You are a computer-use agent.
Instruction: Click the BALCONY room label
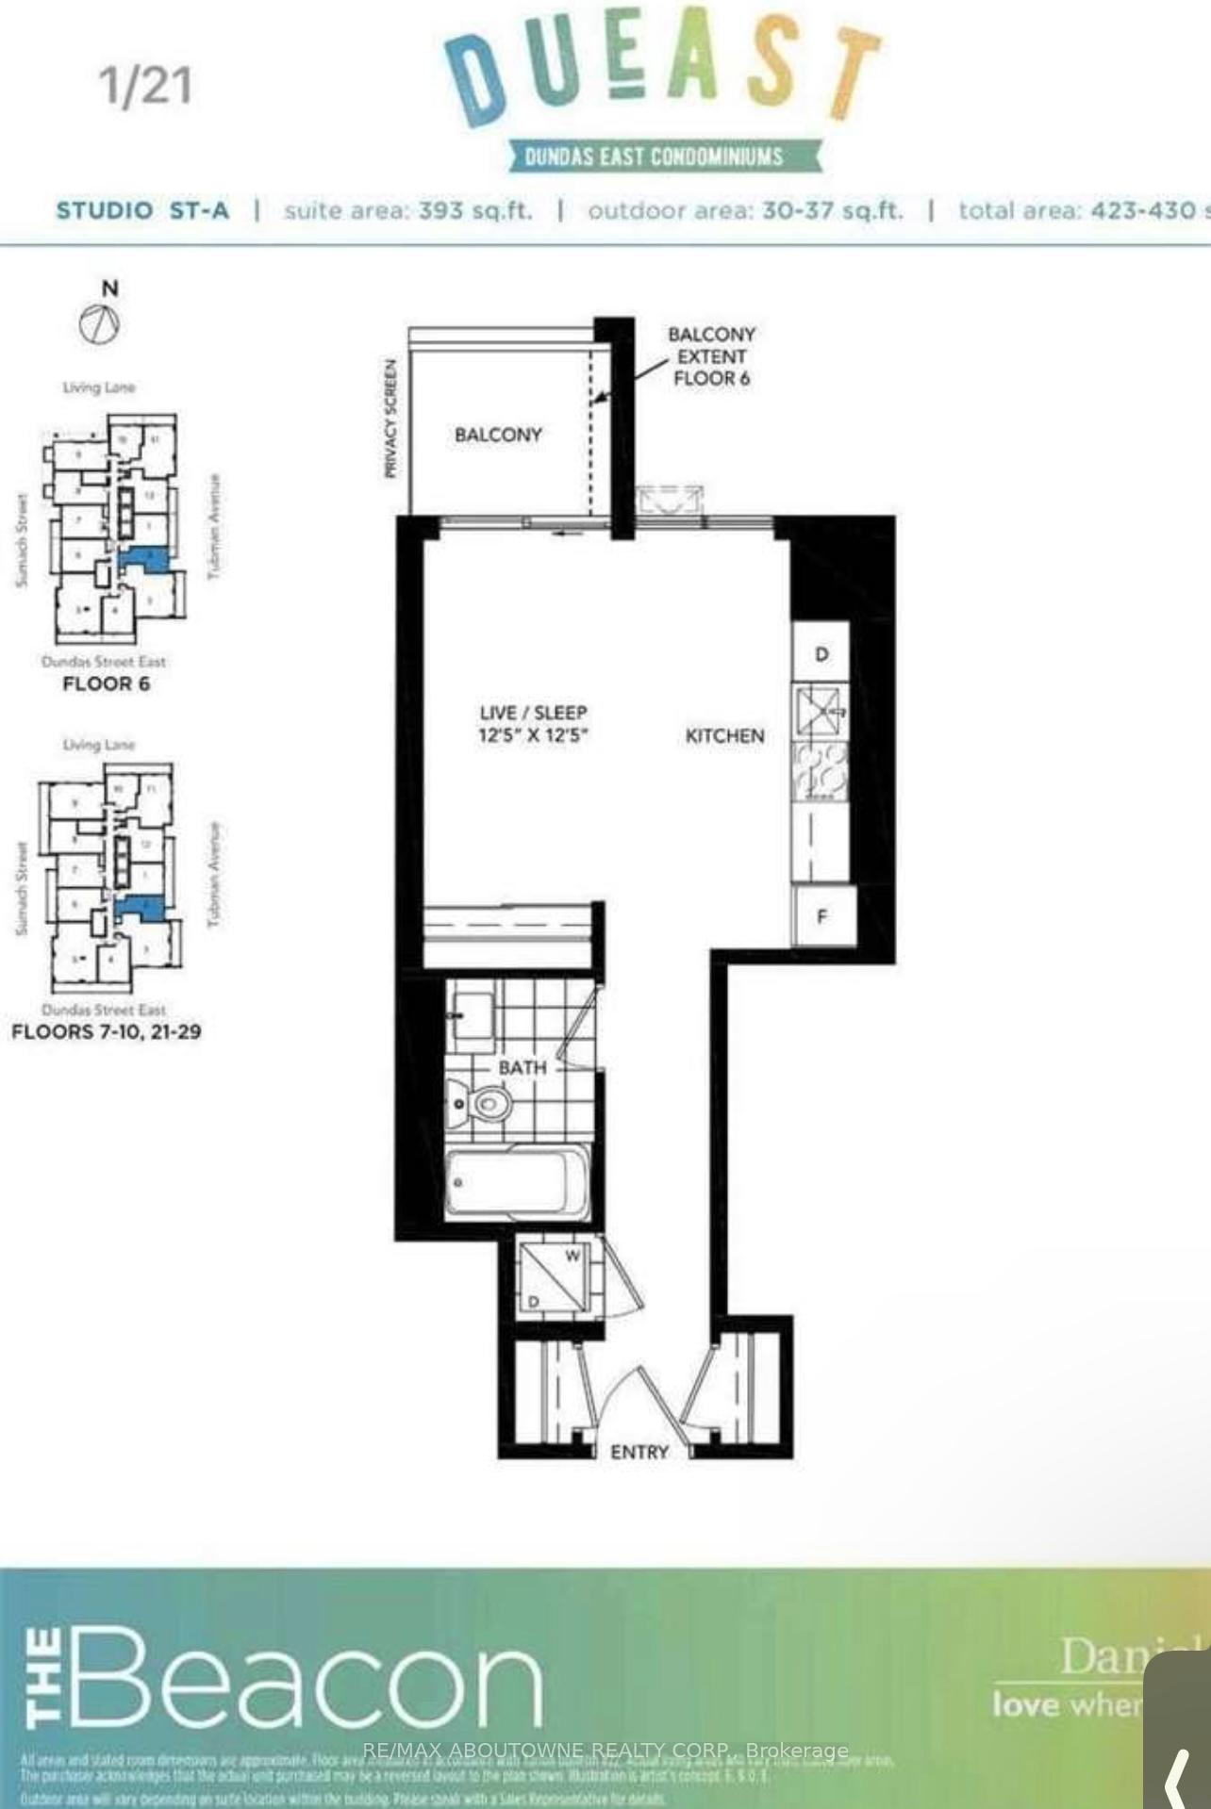point(498,435)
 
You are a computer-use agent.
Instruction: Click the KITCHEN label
point(724,736)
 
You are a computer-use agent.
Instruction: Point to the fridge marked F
point(822,915)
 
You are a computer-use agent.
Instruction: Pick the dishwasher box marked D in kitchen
point(821,653)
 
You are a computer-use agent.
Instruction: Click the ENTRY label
point(639,1453)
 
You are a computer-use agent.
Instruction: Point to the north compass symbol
point(100,326)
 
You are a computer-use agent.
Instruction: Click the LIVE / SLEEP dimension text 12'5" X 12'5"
point(534,735)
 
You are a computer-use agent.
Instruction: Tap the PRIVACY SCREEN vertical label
point(390,418)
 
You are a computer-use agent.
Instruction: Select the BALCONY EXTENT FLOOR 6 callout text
point(711,356)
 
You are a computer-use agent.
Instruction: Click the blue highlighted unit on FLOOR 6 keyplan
point(146,559)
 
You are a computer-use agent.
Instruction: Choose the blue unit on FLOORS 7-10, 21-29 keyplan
point(141,909)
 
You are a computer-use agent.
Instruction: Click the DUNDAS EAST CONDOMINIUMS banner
point(654,156)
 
